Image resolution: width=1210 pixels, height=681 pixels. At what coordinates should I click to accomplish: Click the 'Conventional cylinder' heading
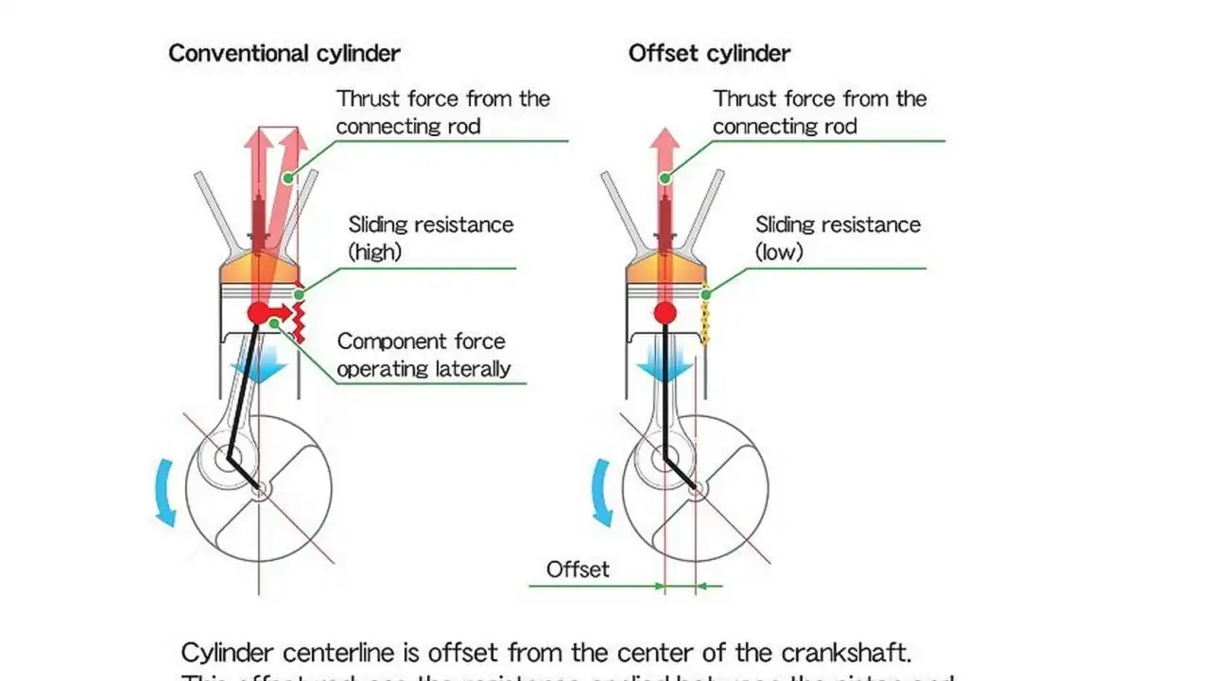click(284, 53)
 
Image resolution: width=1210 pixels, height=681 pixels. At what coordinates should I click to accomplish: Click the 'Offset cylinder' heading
click(709, 53)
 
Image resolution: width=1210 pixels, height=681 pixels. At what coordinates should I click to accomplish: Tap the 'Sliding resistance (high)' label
click(430, 237)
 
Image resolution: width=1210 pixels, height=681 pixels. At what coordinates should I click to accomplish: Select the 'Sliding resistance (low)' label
click(838, 237)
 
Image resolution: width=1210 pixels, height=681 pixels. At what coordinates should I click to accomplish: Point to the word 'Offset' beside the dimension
click(578, 569)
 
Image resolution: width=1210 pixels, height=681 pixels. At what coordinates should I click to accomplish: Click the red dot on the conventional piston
click(258, 313)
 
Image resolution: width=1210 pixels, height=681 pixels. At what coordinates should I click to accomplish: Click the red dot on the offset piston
click(665, 313)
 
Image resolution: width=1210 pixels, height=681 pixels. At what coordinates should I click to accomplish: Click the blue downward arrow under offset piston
click(665, 362)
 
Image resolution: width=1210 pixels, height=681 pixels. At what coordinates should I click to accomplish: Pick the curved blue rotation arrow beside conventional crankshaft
click(164, 492)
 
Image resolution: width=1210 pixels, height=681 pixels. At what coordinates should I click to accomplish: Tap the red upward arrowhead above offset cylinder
click(665, 141)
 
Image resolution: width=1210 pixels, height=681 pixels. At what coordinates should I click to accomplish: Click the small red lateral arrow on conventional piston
click(282, 311)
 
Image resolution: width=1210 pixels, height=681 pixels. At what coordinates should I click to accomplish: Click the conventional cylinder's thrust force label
click(442, 112)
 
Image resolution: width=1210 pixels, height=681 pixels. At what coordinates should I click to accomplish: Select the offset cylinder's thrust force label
click(820, 112)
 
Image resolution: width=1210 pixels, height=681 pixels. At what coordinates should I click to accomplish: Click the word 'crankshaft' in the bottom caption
click(845, 653)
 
